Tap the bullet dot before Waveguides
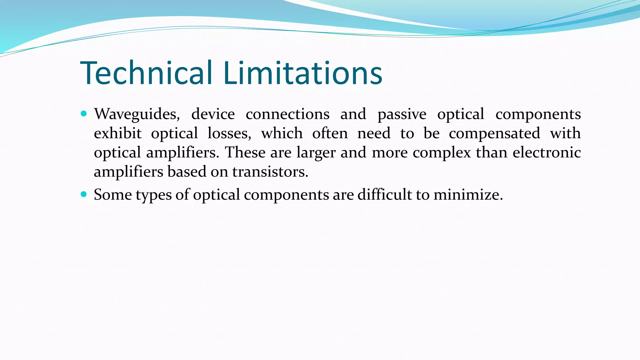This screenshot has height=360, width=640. pos(83,114)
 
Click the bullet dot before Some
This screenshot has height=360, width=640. pos(83,194)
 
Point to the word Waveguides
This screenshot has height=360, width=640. pos(137,114)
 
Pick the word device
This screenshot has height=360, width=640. pos(213,114)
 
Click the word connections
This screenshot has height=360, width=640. pos(287,114)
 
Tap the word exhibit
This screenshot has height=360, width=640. pos(118,133)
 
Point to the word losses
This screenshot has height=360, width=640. pos(229,133)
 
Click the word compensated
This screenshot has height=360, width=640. pos(494,133)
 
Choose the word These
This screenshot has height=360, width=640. pos(245,152)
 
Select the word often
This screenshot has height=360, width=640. pos(330,133)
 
